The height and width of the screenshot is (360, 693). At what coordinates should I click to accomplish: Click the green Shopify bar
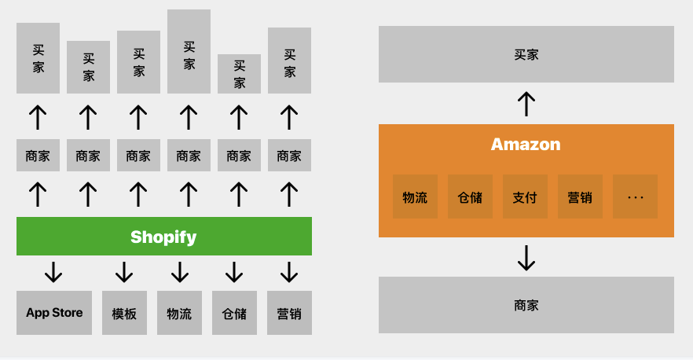pyautogui.click(x=163, y=236)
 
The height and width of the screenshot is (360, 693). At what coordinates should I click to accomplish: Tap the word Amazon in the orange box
pyautogui.click(x=526, y=145)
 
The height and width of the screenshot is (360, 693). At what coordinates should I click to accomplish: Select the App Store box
pyautogui.click(x=54, y=313)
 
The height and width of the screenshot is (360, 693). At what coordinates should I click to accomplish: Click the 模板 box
pyautogui.click(x=124, y=313)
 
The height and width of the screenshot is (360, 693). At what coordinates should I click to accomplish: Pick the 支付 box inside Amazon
pyautogui.click(x=525, y=197)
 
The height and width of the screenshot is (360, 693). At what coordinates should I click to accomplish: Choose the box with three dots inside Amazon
pyautogui.click(x=635, y=197)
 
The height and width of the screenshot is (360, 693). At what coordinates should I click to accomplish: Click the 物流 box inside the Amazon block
pyautogui.click(x=415, y=197)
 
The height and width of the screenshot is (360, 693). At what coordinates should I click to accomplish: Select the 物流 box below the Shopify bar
pyautogui.click(x=179, y=313)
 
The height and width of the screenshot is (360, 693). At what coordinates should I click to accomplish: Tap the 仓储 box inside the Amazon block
pyautogui.click(x=470, y=197)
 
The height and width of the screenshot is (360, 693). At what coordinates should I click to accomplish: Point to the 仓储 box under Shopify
pyautogui.click(x=234, y=313)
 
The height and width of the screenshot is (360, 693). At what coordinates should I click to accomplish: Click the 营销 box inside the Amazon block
pyautogui.click(x=580, y=197)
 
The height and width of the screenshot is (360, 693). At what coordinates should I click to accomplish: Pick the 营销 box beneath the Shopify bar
pyautogui.click(x=289, y=313)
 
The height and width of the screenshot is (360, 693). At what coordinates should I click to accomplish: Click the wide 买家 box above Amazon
pyautogui.click(x=526, y=54)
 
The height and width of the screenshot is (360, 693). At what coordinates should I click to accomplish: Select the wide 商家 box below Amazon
pyautogui.click(x=526, y=305)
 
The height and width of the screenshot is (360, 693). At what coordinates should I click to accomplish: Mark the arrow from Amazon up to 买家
pyautogui.click(x=526, y=104)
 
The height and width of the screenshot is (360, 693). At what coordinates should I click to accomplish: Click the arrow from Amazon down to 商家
pyautogui.click(x=526, y=257)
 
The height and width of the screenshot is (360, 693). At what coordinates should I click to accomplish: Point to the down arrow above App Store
pyautogui.click(x=53, y=272)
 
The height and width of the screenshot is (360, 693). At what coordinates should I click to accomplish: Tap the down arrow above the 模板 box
pyautogui.click(x=124, y=272)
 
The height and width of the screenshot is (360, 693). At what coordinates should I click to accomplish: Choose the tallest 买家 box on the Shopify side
pyautogui.click(x=189, y=51)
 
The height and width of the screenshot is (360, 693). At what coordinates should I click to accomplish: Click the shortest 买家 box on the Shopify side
pyautogui.click(x=239, y=74)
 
